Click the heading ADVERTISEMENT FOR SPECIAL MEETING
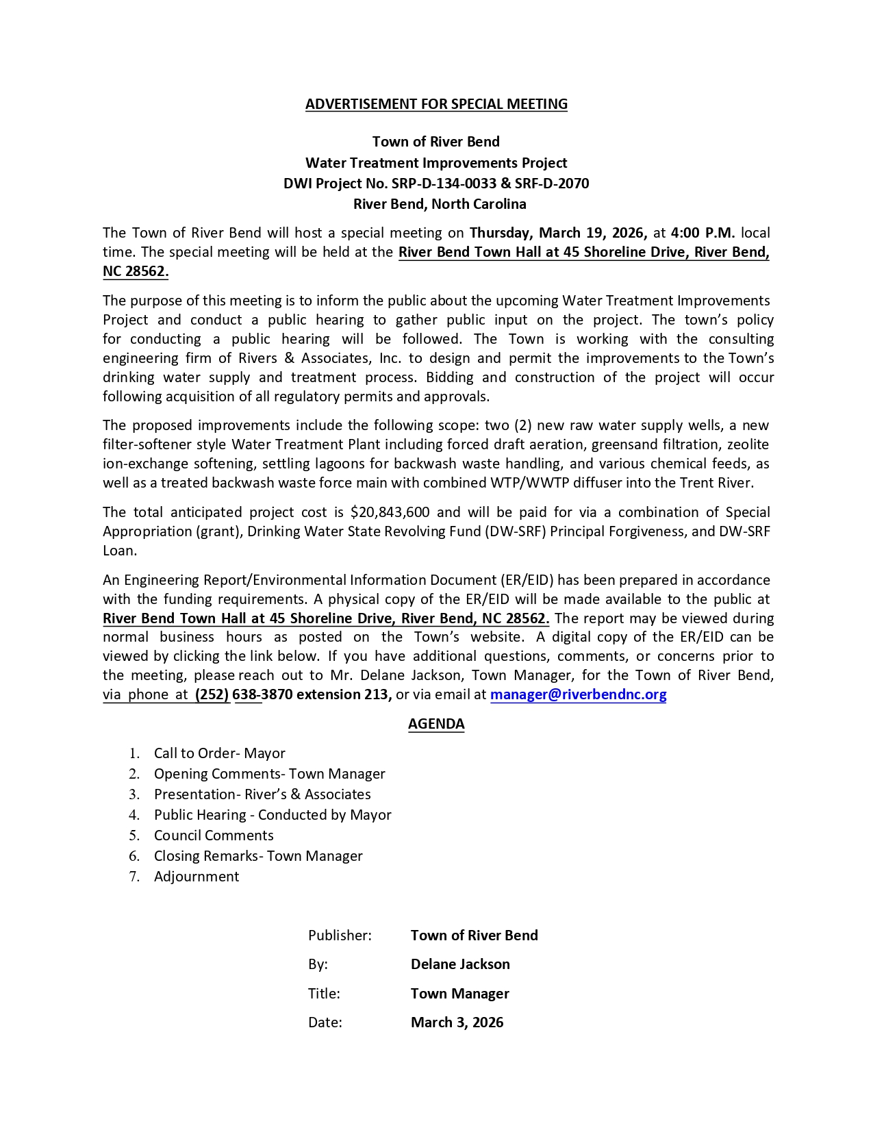pos(436,104)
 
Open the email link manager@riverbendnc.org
pos(578,694)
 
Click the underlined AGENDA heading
pos(436,724)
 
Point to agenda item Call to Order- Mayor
pos(219,753)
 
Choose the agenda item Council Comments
pos(214,836)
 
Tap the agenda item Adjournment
pos(197,877)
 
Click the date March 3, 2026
pos(457,1022)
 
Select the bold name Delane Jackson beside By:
pos(460,964)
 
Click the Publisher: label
pos(340,936)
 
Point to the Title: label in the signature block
pos(324,994)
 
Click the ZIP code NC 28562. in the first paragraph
pos(136,271)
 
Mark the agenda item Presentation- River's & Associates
pos(262,794)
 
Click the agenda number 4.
pos(134,815)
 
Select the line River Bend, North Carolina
pos(440,204)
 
